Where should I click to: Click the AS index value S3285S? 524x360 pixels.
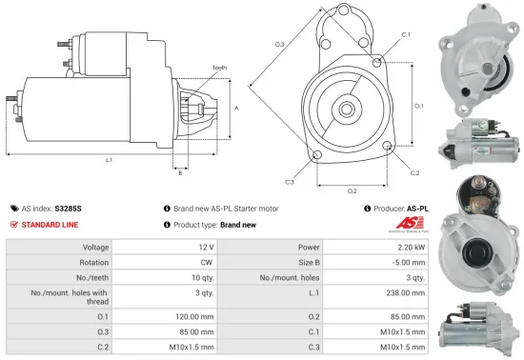pos(69,207)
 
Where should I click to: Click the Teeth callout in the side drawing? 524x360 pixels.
pos(220,68)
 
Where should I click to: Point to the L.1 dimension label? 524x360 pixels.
pos(110,160)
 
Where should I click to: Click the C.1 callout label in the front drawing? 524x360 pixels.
pos(406,34)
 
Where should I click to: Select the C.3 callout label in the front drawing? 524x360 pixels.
pos(290,181)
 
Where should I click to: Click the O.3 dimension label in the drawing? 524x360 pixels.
pos(279,45)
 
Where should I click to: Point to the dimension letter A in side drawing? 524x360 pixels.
pos(236,108)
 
